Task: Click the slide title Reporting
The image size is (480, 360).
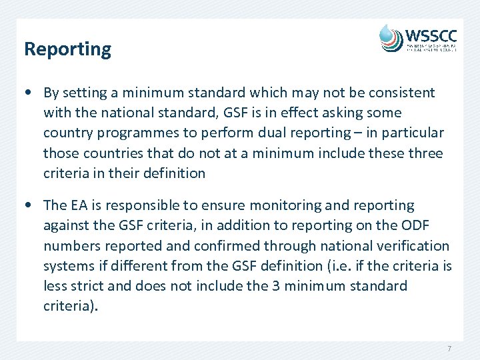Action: [x=67, y=49]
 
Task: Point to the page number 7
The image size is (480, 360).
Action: [x=449, y=349]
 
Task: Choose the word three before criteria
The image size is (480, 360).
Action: [x=425, y=153]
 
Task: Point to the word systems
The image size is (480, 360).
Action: [x=68, y=265]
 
